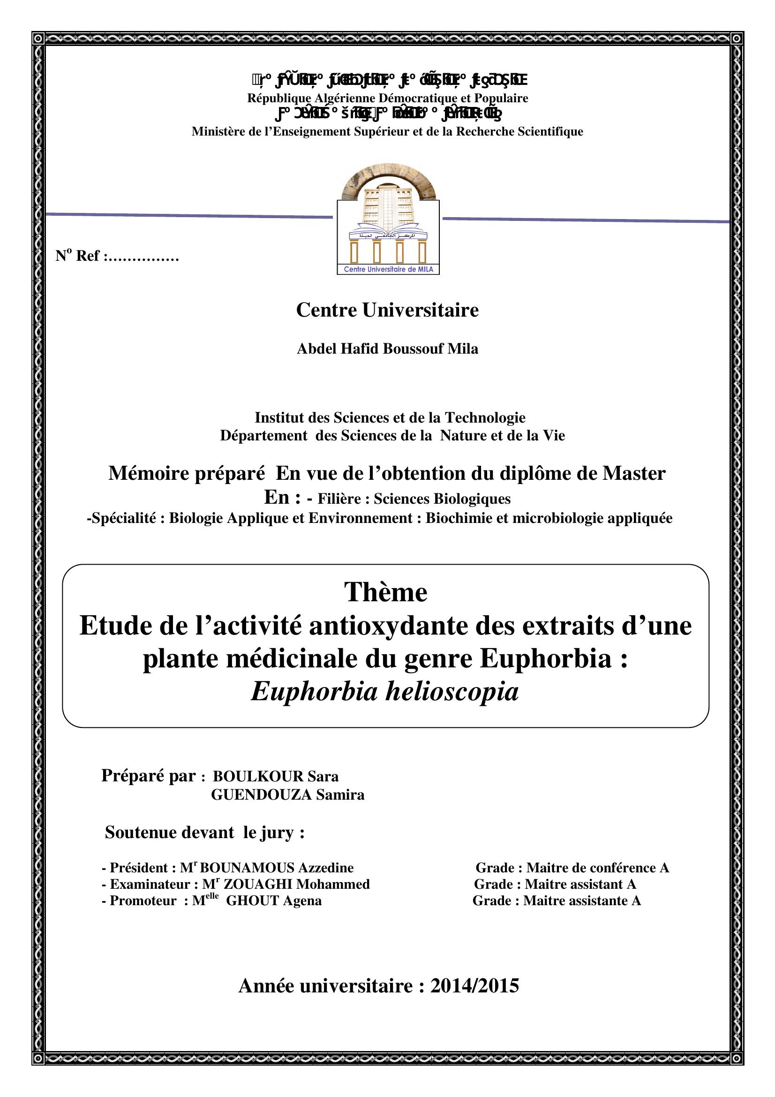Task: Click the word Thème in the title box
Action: [x=386, y=592]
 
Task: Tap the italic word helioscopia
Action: [x=451, y=691]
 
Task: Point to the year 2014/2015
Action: [x=474, y=986]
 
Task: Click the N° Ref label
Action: [x=79, y=257]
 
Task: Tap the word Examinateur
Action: [x=150, y=885]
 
